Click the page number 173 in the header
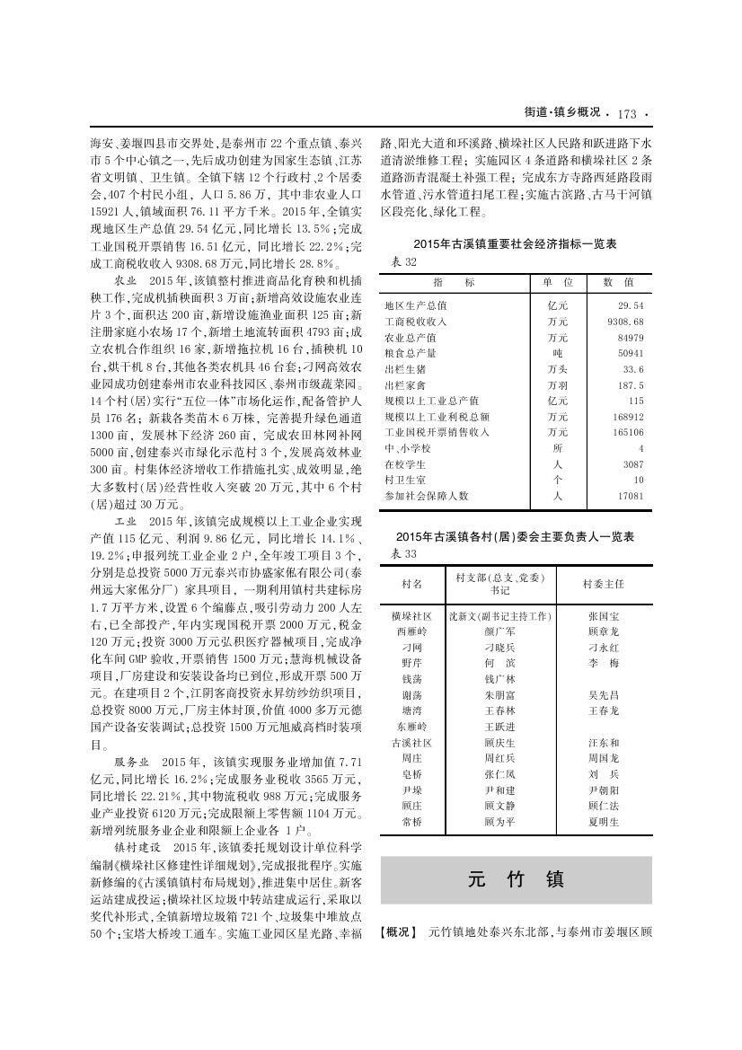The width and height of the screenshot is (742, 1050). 626,113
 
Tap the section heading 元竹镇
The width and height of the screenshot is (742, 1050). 516,878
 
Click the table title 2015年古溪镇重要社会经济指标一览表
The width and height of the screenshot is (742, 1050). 515,244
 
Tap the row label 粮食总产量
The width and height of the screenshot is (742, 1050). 411,352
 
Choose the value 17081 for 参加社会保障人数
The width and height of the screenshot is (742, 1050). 629,495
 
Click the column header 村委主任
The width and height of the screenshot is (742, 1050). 603,584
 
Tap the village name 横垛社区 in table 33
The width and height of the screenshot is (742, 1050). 411,617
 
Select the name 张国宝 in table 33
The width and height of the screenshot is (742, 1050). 603,617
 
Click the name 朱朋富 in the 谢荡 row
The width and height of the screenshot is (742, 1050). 499,694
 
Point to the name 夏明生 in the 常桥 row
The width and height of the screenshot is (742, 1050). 603,822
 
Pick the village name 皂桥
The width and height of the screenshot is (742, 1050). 411,774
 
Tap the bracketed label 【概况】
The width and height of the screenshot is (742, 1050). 400,932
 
